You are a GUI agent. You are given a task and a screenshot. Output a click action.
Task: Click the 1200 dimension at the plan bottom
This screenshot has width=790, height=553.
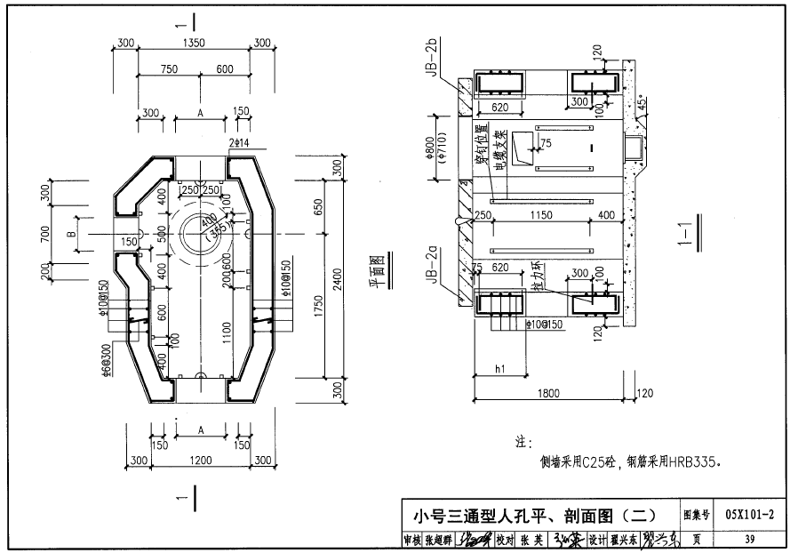coord(200,461)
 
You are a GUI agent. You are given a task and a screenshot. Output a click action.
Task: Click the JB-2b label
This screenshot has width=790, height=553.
coord(430,60)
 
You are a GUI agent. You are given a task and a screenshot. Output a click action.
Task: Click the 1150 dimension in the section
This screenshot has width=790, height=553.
coord(534,215)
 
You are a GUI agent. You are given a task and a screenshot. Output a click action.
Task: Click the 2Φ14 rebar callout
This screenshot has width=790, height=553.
coord(238,142)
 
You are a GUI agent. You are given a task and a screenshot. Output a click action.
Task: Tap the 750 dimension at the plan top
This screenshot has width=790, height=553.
coord(168,69)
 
